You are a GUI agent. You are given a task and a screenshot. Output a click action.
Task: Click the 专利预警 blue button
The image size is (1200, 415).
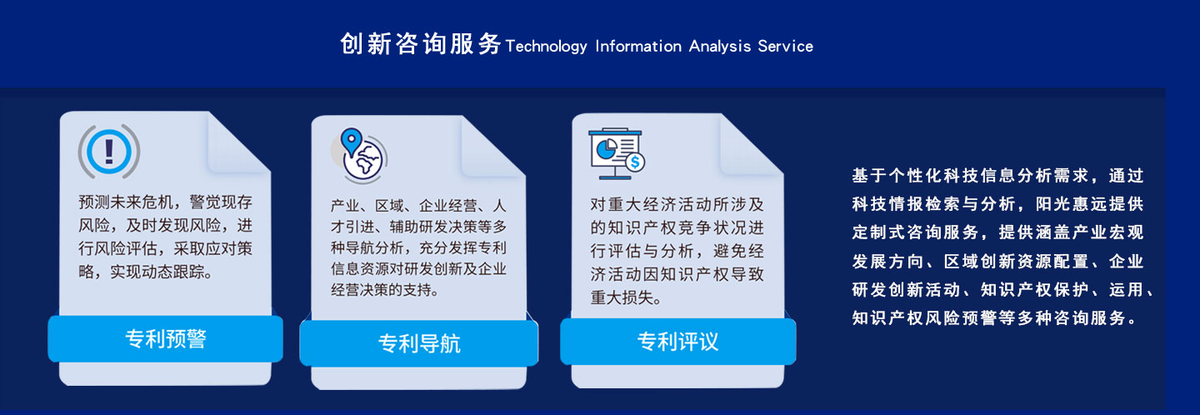pyautogui.click(x=165, y=339)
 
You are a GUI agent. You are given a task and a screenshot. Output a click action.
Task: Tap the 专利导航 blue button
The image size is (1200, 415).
pyautogui.click(x=418, y=343)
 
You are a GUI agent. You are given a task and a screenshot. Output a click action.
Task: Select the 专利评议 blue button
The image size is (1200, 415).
pyautogui.click(x=677, y=342)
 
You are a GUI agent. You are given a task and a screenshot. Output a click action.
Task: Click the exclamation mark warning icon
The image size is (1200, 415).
pyautogui.click(x=108, y=150)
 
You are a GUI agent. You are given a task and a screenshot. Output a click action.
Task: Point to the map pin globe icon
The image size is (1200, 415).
pyautogui.click(x=360, y=155)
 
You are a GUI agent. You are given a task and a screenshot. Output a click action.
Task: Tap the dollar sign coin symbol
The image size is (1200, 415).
pyautogui.click(x=635, y=162)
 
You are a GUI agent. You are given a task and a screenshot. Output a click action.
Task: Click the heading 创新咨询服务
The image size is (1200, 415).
pyautogui.click(x=421, y=44)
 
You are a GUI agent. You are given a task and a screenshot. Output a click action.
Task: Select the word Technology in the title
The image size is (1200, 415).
pyautogui.click(x=546, y=47)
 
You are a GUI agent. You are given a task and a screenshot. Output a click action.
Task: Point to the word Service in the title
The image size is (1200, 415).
pyautogui.click(x=785, y=47)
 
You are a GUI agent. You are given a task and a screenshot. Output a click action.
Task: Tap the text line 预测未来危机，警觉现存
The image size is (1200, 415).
pyautogui.click(x=165, y=202)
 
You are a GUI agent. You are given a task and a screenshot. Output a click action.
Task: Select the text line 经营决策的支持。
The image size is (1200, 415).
pyautogui.click(x=384, y=290)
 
